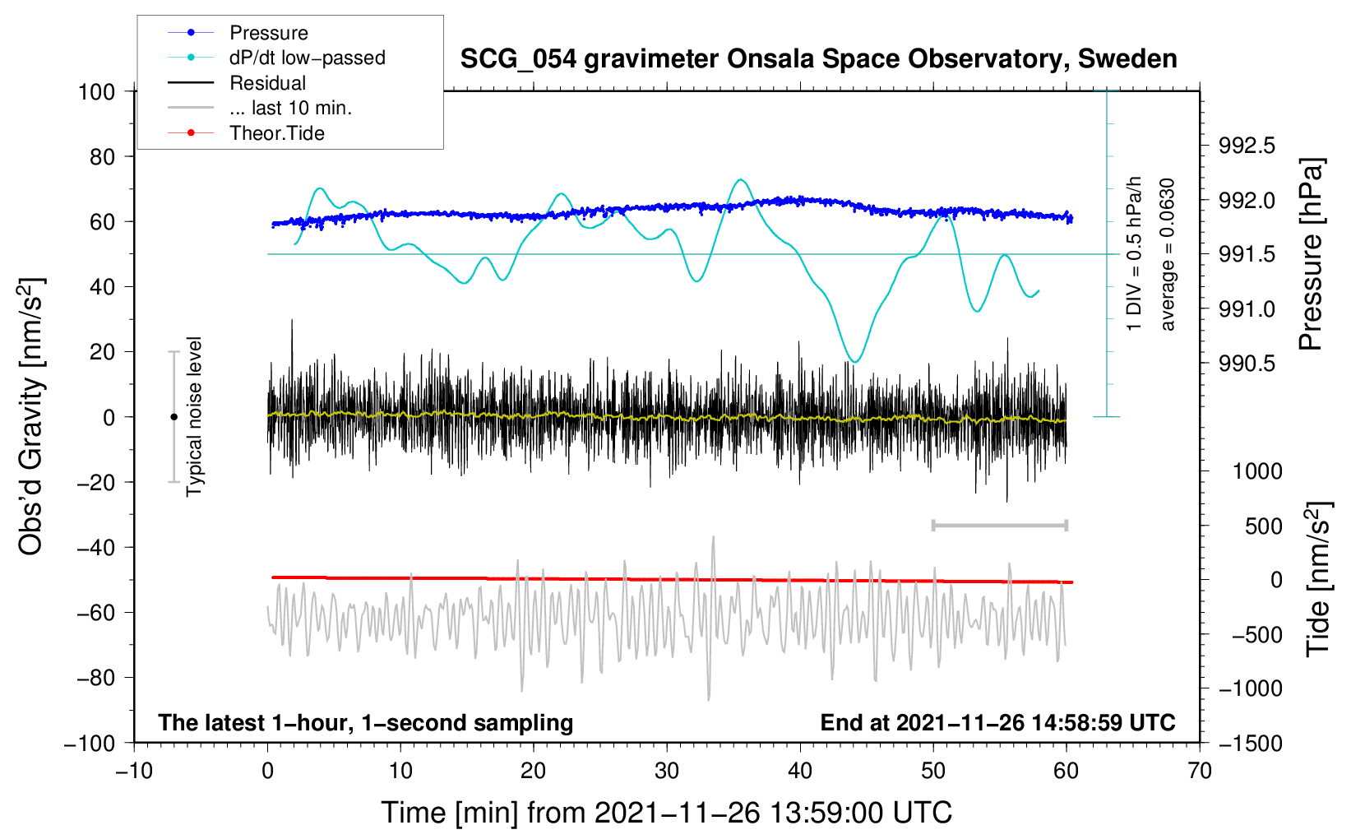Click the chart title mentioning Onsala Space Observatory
818,59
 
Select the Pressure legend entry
268,33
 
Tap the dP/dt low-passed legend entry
307,58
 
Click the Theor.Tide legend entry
276,133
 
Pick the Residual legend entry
267,83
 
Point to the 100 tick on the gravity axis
96,91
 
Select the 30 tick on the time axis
667,771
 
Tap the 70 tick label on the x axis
1200,771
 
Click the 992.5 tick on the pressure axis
1247,146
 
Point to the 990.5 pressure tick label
1247,364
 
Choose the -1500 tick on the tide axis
1251,743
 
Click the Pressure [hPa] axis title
1311,255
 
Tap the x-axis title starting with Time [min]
666,813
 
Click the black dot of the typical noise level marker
174,417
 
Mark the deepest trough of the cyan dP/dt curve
856,361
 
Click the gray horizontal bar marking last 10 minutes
999,525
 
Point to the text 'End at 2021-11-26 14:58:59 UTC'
997,722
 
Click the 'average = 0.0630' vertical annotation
1168,255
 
